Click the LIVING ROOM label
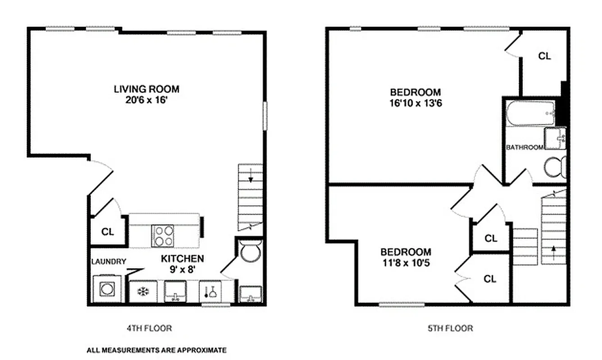(146, 88)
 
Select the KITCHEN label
(182, 258)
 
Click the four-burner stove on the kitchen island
(163, 235)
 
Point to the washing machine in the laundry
(107, 289)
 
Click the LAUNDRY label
(109, 261)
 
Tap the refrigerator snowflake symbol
(143, 292)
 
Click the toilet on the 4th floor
(250, 252)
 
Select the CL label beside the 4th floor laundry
(108, 232)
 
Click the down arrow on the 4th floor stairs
(250, 175)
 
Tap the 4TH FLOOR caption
(149, 328)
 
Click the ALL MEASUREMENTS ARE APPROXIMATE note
(156, 350)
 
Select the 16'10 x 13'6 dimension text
(415, 103)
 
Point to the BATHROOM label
(525, 147)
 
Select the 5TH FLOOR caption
(450, 328)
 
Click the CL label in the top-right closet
(545, 56)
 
